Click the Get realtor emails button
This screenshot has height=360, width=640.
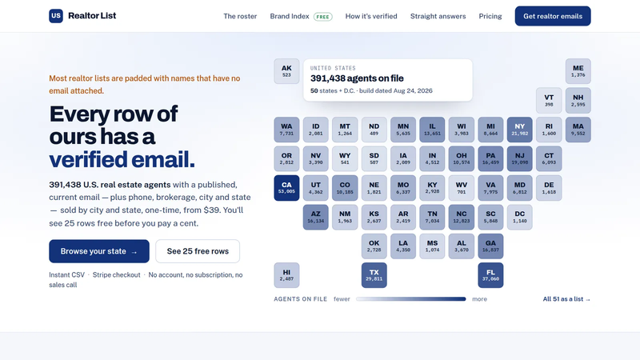pos(553,16)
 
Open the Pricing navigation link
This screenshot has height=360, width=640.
pos(490,16)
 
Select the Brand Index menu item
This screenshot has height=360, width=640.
pos(290,16)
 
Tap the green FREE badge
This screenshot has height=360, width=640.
pos(323,17)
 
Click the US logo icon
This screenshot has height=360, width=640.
pos(56,16)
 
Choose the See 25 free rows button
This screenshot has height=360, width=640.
pos(198,251)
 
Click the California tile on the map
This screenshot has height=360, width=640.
pos(286,188)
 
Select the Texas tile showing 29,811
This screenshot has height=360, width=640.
pos(374,275)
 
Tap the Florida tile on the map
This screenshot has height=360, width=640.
pos(490,275)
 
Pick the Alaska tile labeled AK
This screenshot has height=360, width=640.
pos(286,71)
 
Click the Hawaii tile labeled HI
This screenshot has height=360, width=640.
pos(286,275)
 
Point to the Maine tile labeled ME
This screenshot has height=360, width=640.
pos(578,71)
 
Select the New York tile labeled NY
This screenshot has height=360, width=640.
pos(519,130)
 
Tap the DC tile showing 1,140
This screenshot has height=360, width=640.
pos(519,217)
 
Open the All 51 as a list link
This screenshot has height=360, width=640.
pos(566,299)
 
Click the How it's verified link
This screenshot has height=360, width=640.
pos(371,16)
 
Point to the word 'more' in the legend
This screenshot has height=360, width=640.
pos(479,299)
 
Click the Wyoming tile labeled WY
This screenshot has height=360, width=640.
pos(345,158)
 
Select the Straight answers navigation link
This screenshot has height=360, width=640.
pos(438,16)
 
